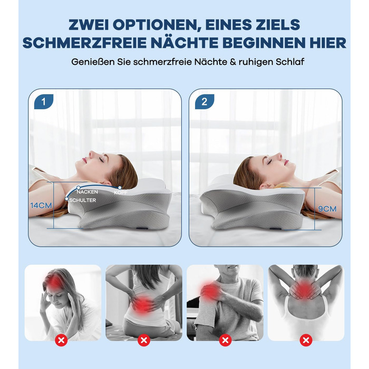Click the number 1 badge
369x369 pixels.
pyautogui.click(x=44, y=102)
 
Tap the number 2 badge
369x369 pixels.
pyautogui.click(x=205, y=102)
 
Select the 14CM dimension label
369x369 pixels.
pyautogui.click(x=41, y=206)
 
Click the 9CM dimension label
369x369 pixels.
pyautogui.click(x=327, y=209)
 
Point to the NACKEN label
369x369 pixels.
pyautogui.click(x=87, y=192)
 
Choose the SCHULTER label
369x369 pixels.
pyautogui.click(x=83, y=200)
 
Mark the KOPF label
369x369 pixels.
pyautogui.click(x=121, y=193)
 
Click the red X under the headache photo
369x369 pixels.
pyautogui.click(x=61, y=341)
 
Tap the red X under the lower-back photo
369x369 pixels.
pyautogui.click(x=144, y=341)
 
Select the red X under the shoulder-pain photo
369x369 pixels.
pyautogui.click(x=225, y=341)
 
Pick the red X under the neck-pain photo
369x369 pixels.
pyautogui.click(x=306, y=341)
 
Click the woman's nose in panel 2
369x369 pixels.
pyautogui.click(x=279, y=156)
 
